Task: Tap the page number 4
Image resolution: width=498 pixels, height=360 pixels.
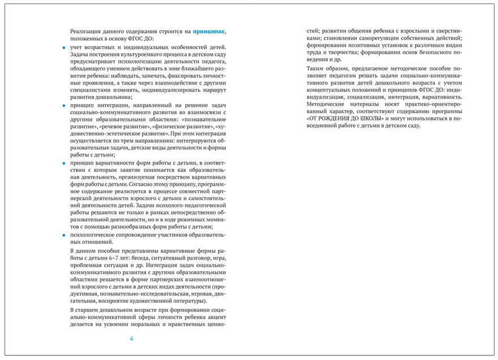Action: pos(131,338)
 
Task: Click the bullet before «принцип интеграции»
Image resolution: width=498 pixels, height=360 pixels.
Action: pos(63,105)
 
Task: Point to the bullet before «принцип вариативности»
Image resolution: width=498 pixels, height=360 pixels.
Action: pos(63,163)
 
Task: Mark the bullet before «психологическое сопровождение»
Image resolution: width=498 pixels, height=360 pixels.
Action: pos(63,234)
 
